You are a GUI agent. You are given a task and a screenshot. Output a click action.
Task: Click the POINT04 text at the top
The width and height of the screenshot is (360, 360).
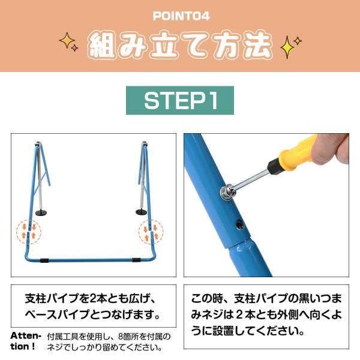coord(180,16)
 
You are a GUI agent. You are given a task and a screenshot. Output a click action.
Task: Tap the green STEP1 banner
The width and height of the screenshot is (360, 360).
coord(180,100)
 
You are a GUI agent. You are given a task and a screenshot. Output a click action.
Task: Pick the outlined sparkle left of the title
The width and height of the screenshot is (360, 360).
coord(68,41)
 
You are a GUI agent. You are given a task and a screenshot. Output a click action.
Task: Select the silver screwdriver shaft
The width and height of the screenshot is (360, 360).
coord(253,179)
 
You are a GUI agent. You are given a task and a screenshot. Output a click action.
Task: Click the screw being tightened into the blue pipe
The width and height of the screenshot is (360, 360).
coord(228,192)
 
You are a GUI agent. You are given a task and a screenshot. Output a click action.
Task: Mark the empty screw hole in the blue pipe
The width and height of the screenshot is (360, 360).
coord(240,224)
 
